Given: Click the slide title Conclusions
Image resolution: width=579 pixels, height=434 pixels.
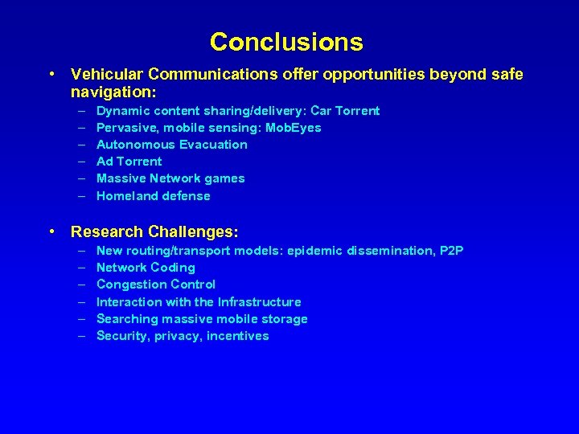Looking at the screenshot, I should click(x=286, y=41).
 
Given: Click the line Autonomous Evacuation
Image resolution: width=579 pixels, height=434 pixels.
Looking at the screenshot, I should click(x=171, y=145).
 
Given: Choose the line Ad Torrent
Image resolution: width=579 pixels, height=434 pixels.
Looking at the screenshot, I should click(x=129, y=162).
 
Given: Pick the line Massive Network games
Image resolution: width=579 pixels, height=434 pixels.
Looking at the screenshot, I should click(x=170, y=178).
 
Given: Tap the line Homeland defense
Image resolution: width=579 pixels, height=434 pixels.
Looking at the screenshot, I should click(x=153, y=196).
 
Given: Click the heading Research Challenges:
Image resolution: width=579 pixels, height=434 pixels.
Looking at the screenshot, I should click(x=154, y=232).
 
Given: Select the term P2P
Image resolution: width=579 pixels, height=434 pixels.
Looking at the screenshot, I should click(x=451, y=251).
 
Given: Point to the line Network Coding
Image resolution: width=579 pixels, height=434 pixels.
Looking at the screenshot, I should click(x=146, y=268).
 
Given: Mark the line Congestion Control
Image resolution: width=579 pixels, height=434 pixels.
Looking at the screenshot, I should click(x=155, y=285).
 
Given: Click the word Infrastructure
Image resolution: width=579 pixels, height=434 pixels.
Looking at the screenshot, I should click(x=259, y=302).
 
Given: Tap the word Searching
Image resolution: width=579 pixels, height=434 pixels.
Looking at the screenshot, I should click(x=125, y=319).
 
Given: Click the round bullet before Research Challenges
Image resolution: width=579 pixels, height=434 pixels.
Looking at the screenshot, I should click(x=52, y=232).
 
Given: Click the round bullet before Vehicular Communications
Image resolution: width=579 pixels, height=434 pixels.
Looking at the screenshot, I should click(x=52, y=75).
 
